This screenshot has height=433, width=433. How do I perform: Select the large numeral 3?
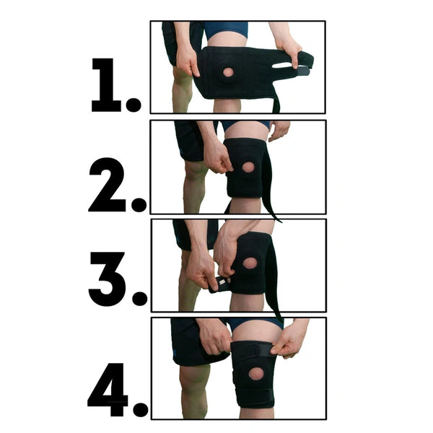point(108,277)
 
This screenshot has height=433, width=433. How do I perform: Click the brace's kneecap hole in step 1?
point(228,72)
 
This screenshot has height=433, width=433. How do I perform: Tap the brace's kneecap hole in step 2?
point(248,167)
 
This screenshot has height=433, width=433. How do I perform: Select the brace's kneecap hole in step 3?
point(250,263)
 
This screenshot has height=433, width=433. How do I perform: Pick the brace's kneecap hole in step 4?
point(255,375)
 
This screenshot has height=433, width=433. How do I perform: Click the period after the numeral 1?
point(134,105)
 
